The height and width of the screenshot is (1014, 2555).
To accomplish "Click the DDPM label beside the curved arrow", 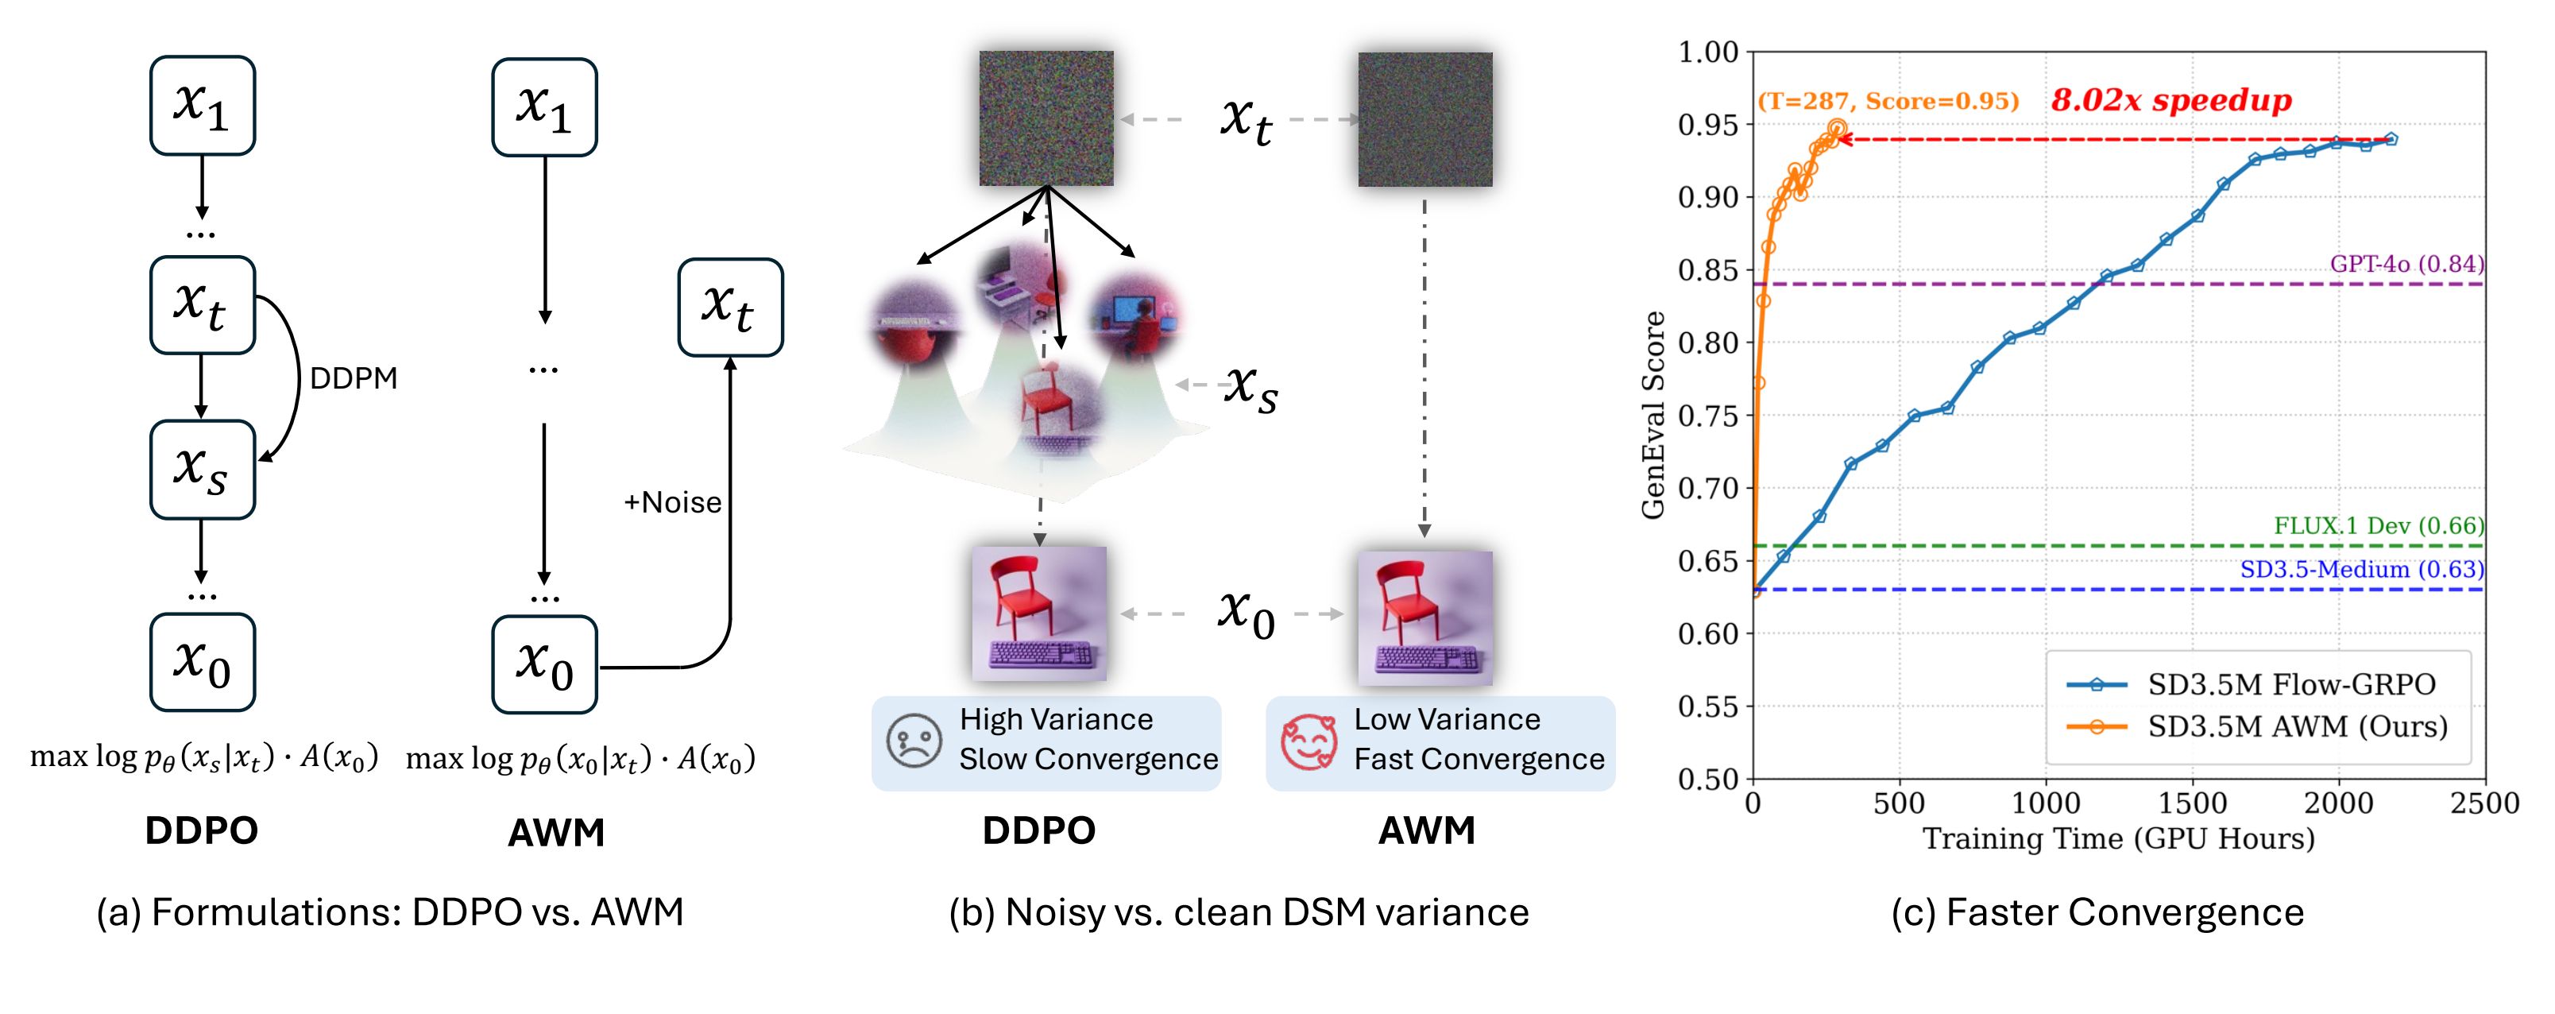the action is tap(353, 378).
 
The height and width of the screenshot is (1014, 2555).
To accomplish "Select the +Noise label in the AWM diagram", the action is tap(672, 502).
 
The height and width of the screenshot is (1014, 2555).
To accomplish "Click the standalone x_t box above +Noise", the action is tap(730, 308).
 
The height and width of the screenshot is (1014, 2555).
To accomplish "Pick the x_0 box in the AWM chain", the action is tap(544, 664).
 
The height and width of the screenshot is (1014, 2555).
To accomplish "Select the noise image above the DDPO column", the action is tap(1046, 118).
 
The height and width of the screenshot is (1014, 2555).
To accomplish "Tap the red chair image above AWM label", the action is tap(1425, 617).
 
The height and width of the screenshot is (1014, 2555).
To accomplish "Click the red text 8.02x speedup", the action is tap(2171, 100).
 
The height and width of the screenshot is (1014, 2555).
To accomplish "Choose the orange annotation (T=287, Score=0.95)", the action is tap(1888, 101).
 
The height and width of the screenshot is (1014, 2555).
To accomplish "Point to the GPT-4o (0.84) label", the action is tap(2407, 264).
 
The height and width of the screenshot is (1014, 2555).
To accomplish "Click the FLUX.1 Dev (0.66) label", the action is tap(2379, 526).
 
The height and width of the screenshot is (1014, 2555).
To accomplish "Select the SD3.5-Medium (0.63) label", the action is tap(2362, 570).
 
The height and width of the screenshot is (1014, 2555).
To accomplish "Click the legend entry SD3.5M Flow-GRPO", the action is tap(2252, 683).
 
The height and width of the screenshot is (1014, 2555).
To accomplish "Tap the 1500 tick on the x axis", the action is tap(2192, 803).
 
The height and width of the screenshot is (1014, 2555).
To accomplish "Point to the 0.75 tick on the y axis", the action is tap(1708, 416).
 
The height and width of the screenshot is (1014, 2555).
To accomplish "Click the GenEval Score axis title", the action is tap(1652, 415).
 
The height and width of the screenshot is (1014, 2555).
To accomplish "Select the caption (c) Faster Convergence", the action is tap(2097, 911).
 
